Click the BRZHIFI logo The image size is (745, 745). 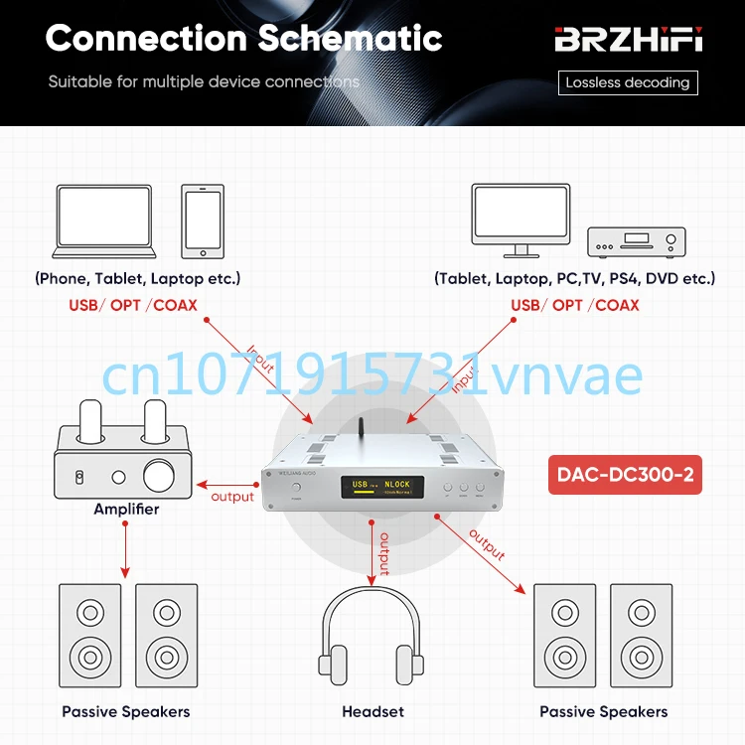(x=628, y=41)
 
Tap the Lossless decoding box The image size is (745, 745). (x=628, y=82)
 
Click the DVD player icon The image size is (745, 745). (x=637, y=240)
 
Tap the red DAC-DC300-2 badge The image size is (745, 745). (x=625, y=476)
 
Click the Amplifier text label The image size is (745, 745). (x=126, y=510)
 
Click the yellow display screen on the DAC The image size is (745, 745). (x=381, y=487)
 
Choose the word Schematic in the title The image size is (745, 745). (x=350, y=39)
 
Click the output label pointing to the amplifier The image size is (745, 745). (x=233, y=497)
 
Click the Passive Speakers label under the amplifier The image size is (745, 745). (x=126, y=711)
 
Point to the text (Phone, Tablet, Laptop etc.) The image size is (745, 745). (x=138, y=278)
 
